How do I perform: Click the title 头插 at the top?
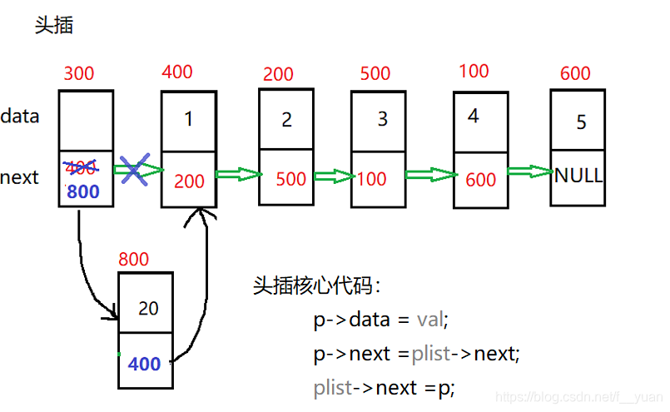tap(54, 25)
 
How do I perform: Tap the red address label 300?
tap(79, 73)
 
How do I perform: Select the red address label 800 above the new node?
tap(135, 259)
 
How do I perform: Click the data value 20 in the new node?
tap(148, 308)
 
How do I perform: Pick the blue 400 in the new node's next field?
tap(145, 365)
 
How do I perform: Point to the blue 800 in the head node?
tap(83, 191)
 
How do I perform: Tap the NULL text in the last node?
tap(579, 176)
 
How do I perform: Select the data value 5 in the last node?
tap(581, 122)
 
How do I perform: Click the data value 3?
tap(383, 118)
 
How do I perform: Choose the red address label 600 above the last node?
tap(575, 73)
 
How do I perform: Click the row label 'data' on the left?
tap(20, 117)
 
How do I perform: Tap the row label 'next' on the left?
tap(20, 177)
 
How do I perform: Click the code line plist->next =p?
tap(385, 387)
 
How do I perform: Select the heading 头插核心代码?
tap(316, 285)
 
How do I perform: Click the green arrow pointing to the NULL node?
tap(529, 171)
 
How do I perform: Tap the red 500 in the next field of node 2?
tap(291, 179)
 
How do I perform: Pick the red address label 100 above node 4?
tap(474, 72)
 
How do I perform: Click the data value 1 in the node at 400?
tap(189, 119)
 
